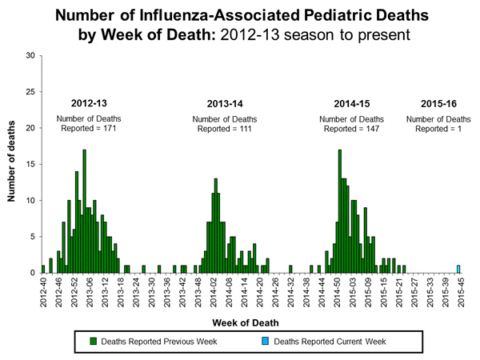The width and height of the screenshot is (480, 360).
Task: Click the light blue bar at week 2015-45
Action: [458, 269]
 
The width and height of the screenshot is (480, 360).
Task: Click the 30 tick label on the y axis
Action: [30, 55]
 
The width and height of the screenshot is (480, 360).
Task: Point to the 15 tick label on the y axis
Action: [30, 164]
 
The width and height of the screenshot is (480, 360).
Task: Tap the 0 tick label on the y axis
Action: [32, 273]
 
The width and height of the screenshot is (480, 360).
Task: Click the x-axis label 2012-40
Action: [43, 295]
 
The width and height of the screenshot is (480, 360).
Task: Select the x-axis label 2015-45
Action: [458, 295]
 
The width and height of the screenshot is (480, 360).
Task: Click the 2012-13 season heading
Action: [86, 104]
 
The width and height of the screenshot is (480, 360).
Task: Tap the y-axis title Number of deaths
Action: [14, 164]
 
